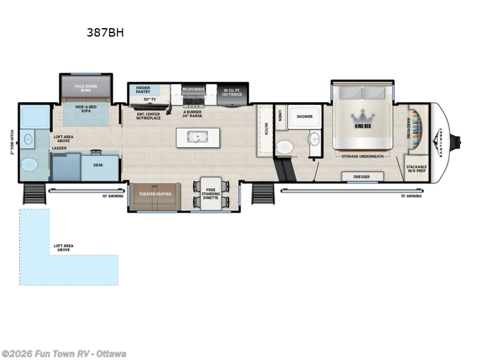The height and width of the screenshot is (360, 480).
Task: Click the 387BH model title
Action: click(x=105, y=33)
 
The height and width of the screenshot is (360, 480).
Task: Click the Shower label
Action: click(x=304, y=118)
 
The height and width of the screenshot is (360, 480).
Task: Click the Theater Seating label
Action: click(x=155, y=194)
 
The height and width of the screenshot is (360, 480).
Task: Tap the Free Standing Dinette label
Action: click(x=211, y=194)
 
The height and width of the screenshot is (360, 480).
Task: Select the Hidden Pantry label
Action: click(x=143, y=91)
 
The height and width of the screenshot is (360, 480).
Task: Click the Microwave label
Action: click(x=194, y=89)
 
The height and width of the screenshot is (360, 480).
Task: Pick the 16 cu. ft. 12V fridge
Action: click(x=232, y=93)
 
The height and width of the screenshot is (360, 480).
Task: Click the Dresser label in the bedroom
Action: click(x=362, y=176)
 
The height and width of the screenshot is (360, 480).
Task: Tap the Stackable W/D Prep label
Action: click(x=416, y=169)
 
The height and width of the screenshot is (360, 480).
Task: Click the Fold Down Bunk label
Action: click(x=86, y=88)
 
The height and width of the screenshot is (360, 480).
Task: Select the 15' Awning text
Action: click(x=412, y=196)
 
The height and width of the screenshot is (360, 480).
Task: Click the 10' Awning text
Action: click(x=112, y=196)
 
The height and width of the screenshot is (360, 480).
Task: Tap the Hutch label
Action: click(x=265, y=128)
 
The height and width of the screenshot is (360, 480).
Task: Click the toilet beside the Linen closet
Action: click(x=285, y=146)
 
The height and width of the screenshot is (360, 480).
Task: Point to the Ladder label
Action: click(x=60, y=148)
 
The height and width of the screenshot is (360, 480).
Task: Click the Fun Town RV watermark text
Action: click(x=63, y=354)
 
